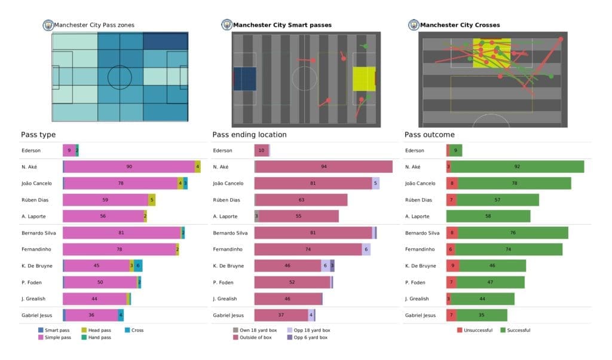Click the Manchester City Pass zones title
[94, 25]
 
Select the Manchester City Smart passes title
[281, 25]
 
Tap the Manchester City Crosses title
[460, 25]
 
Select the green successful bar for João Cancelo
[514, 184]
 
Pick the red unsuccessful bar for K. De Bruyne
[451, 265]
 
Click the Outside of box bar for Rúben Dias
[301, 200]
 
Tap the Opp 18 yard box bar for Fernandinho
[366, 249]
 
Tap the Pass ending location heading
[249, 135]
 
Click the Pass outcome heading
[429, 135]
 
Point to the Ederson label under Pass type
[32, 151]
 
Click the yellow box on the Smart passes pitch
[363, 79]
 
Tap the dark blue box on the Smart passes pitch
[244, 79]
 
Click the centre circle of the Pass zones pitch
[120, 77]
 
